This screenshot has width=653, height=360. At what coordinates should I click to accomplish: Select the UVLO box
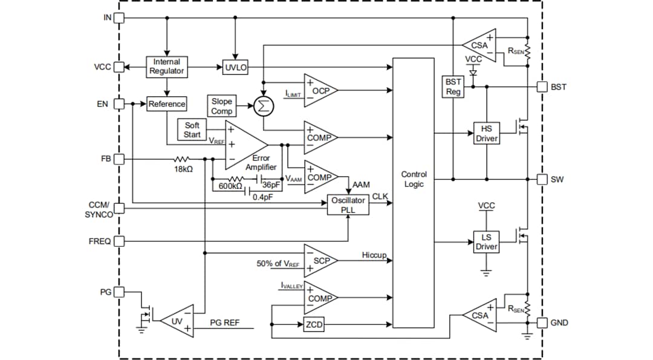236,68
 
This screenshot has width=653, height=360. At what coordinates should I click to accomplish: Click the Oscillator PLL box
348,205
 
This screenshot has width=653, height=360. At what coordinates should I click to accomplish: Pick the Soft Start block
192,129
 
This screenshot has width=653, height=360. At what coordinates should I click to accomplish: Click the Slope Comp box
221,106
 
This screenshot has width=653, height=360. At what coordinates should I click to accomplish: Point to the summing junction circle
264,105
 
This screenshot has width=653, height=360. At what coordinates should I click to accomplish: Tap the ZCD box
314,325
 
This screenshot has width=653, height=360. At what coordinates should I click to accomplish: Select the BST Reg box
453,87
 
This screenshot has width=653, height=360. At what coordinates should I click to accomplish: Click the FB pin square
119,159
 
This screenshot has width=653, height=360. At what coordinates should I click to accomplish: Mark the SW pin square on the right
542,179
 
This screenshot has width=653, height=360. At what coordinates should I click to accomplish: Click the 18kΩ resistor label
183,169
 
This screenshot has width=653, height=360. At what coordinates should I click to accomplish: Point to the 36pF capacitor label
271,186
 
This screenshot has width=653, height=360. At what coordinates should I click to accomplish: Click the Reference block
166,104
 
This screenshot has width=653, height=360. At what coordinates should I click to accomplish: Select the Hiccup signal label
374,255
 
